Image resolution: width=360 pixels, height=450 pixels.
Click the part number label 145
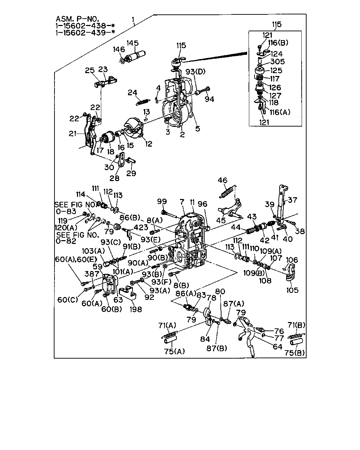(x=133, y=43)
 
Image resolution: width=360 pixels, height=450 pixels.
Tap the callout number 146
(x=119, y=49)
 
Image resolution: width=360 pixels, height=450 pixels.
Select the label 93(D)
(x=195, y=71)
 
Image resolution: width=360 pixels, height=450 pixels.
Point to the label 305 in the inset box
(x=278, y=62)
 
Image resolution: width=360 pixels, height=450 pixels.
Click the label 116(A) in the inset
(x=280, y=112)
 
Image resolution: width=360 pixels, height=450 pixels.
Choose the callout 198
(x=136, y=309)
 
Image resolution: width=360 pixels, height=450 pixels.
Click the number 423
(x=141, y=227)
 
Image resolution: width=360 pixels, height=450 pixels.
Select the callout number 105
(x=292, y=290)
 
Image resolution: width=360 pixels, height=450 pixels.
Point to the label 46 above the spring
(x=222, y=180)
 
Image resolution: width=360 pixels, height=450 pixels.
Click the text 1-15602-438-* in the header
(x=85, y=26)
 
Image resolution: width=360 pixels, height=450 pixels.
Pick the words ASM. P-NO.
(x=77, y=19)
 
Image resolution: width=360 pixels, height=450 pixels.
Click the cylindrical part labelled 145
(x=136, y=56)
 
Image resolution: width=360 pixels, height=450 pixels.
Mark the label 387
(x=92, y=274)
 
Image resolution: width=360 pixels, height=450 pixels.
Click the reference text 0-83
(x=66, y=211)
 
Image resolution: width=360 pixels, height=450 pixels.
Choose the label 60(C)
(x=67, y=300)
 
